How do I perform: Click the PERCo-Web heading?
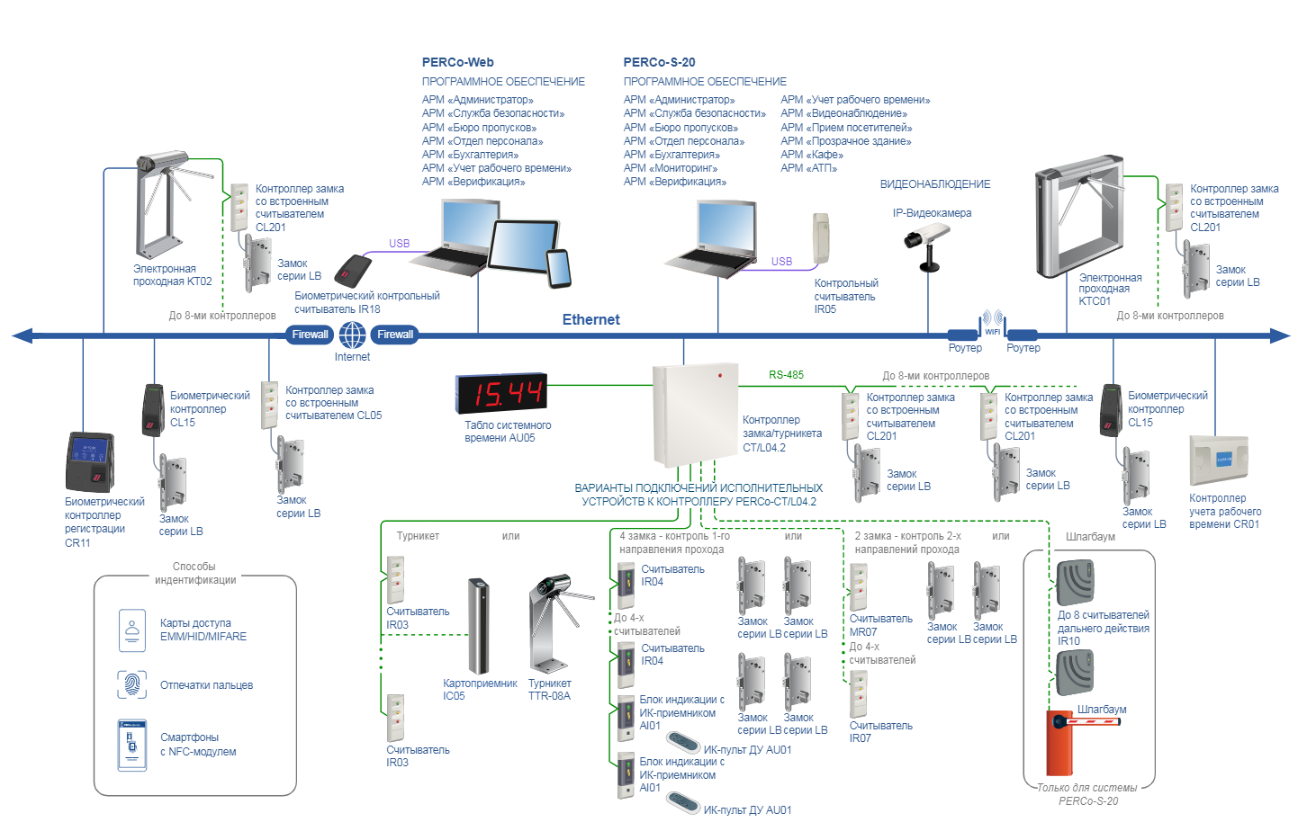(457, 62)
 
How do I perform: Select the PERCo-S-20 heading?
(659, 62)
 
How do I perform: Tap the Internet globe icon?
(352, 335)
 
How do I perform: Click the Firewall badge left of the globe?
(310, 335)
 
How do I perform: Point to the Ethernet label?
(590, 319)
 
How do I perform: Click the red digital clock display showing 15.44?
(500, 393)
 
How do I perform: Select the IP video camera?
(926, 243)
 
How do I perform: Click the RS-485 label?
(786, 375)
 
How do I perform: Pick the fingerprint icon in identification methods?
(132, 684)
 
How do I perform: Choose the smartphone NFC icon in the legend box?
(132, 745)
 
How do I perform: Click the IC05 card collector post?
(479, 626)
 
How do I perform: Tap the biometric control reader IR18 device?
(353, 271)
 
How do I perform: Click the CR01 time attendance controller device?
(1219, 461)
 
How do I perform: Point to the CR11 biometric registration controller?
(90, 462)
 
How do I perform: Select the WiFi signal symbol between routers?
(992, 321)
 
